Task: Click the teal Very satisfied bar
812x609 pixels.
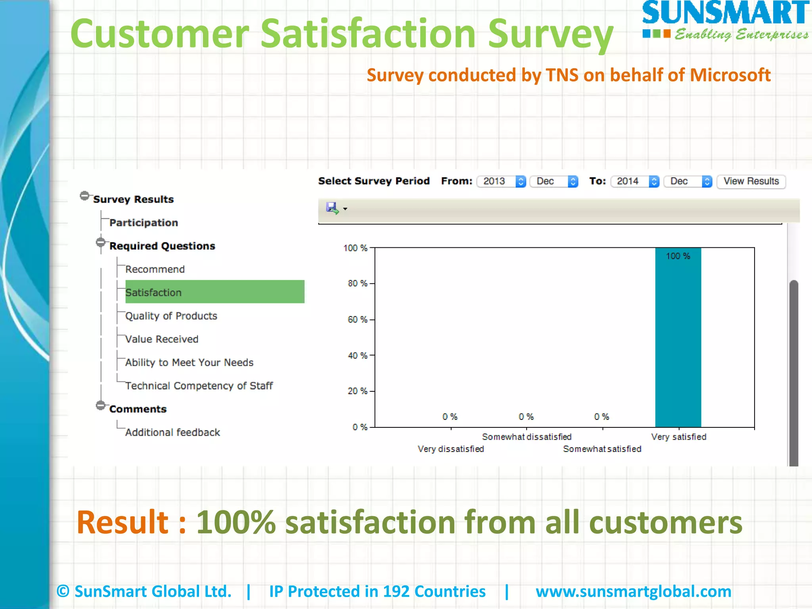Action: point(678,341)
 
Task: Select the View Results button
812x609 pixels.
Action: point(751,181)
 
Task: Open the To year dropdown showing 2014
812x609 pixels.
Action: point(635,181)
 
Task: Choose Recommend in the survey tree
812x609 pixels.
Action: point(155,269)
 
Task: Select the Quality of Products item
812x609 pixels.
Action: point(171,316)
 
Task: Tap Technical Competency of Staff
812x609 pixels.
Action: point(199,386)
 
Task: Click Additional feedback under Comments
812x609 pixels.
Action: point(172,432)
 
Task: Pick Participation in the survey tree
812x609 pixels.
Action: point(144,223)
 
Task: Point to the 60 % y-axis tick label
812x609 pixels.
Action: point(357,320)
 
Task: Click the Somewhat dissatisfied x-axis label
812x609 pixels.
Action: point(527,437)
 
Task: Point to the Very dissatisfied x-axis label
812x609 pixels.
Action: point(451,449)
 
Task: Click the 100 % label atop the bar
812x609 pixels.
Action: point(678,256)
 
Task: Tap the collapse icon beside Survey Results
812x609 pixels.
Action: point(84,196)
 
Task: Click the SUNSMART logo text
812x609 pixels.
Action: point(726,13)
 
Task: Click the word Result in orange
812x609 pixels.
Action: point(123,522)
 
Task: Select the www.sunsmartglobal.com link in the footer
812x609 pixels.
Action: point(633,591)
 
